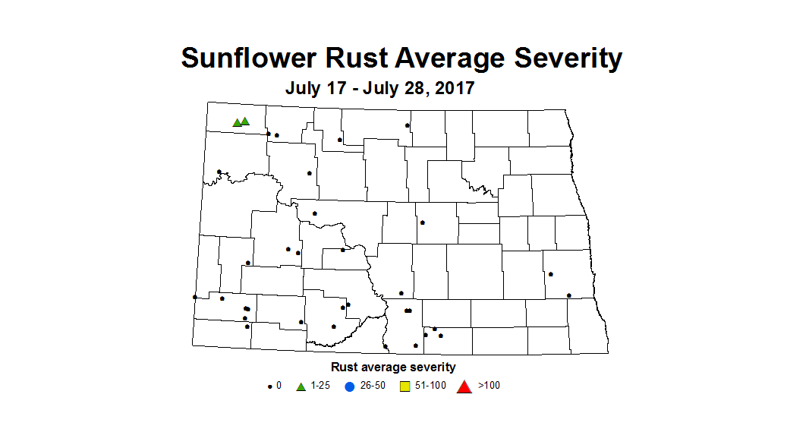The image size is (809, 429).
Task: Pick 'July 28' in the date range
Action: pyautogui.click(x=393, y=88)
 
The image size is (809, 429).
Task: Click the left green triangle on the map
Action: pyautogui.click(x=237, y=122)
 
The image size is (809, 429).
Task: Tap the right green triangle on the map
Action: pyautogui.click(x=245, y=121)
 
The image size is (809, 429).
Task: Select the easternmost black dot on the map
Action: pyautogui.click(x=569, y=295)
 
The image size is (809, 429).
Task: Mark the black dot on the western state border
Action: pyautogui.click(x=195, y=297)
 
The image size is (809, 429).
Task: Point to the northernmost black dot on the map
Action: pyautogui.click(x=408, y=125)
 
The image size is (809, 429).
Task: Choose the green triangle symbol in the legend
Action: pyautogui.click(x=301, y=386)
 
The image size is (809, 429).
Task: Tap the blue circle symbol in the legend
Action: pyautogui.click(x=350, y=386)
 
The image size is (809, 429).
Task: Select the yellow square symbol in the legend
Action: pyautogui.click(x=405, y=386)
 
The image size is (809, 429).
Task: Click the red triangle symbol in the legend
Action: pyautogui.click(x=464, y=386)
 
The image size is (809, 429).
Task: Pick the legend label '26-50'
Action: pyautogui.click(x=373, y=386)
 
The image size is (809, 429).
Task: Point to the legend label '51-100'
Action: pyautogui.click(x=431, y=386)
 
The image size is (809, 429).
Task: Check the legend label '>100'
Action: pyautogui.click(x=489, y=386)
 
